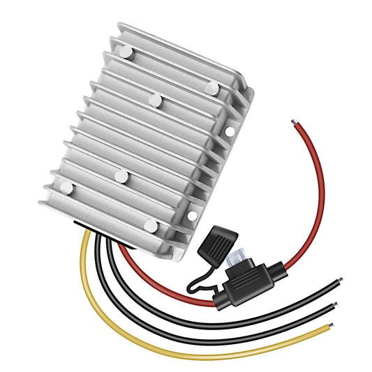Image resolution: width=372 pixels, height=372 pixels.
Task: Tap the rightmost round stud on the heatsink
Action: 211,87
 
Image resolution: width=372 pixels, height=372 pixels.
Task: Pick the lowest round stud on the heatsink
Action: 151,225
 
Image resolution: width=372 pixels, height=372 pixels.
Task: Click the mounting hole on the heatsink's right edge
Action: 230,131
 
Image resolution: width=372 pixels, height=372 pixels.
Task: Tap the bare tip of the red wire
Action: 293,124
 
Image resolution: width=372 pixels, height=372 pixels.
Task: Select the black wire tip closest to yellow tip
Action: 334,306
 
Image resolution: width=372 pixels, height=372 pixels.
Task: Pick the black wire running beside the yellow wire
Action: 140,307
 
